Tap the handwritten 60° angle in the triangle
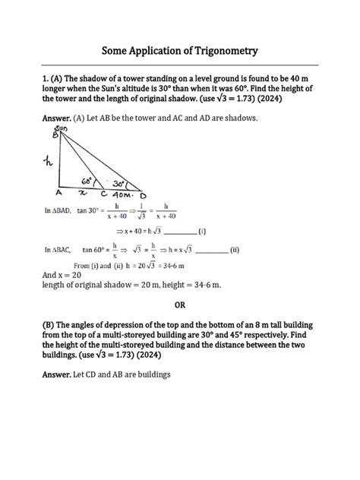(x=88, y=182)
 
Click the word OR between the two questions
(x=180, y=305)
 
